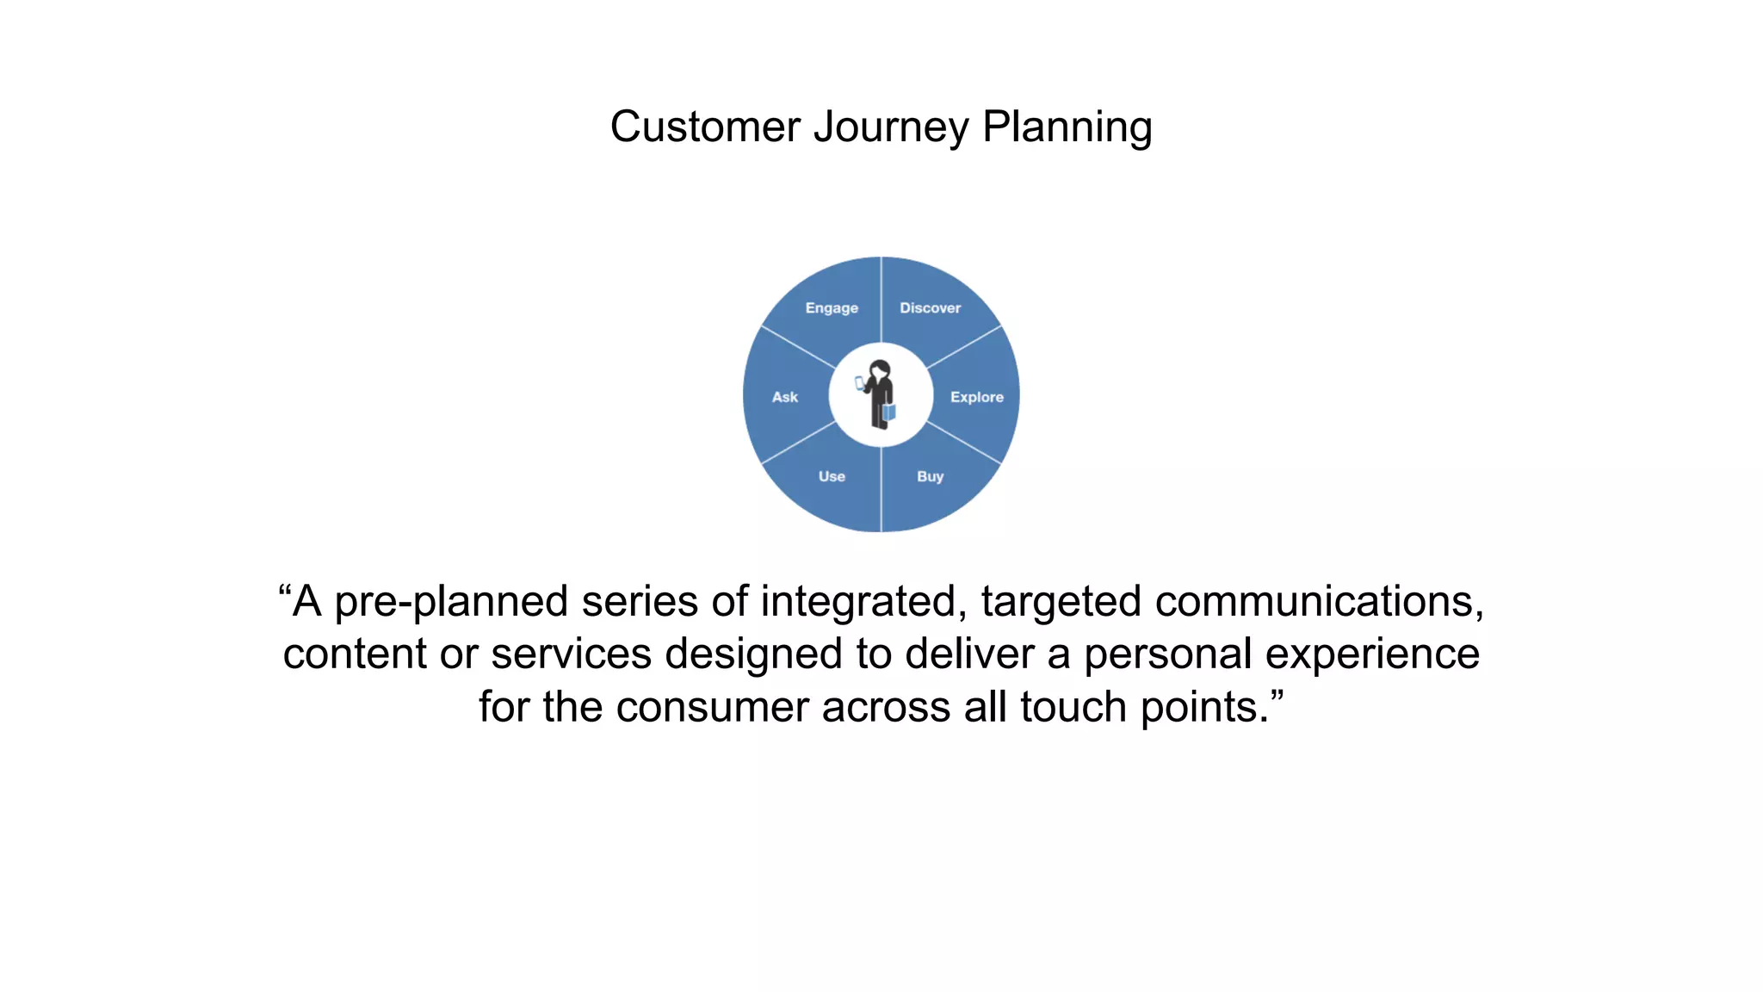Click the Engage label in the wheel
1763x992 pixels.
click(832, 308)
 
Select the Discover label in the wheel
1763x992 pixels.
click(930, 308)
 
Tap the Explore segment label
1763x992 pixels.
click(976, 397)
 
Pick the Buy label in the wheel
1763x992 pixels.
click(930, 476)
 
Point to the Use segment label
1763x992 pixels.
click(832, 476)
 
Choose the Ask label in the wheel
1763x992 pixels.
click(784, 397)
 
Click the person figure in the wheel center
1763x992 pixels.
click(880, 394)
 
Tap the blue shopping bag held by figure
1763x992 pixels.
click(889, 412)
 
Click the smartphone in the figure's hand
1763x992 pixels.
click(859, 383)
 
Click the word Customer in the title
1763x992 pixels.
click(705, 127)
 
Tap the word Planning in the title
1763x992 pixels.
click(1067, 127)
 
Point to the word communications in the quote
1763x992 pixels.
click(1318, 602)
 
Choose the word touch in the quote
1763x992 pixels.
click(1073, 707)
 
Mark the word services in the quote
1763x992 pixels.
click(571, 654)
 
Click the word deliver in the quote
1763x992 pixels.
click(969, 654)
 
